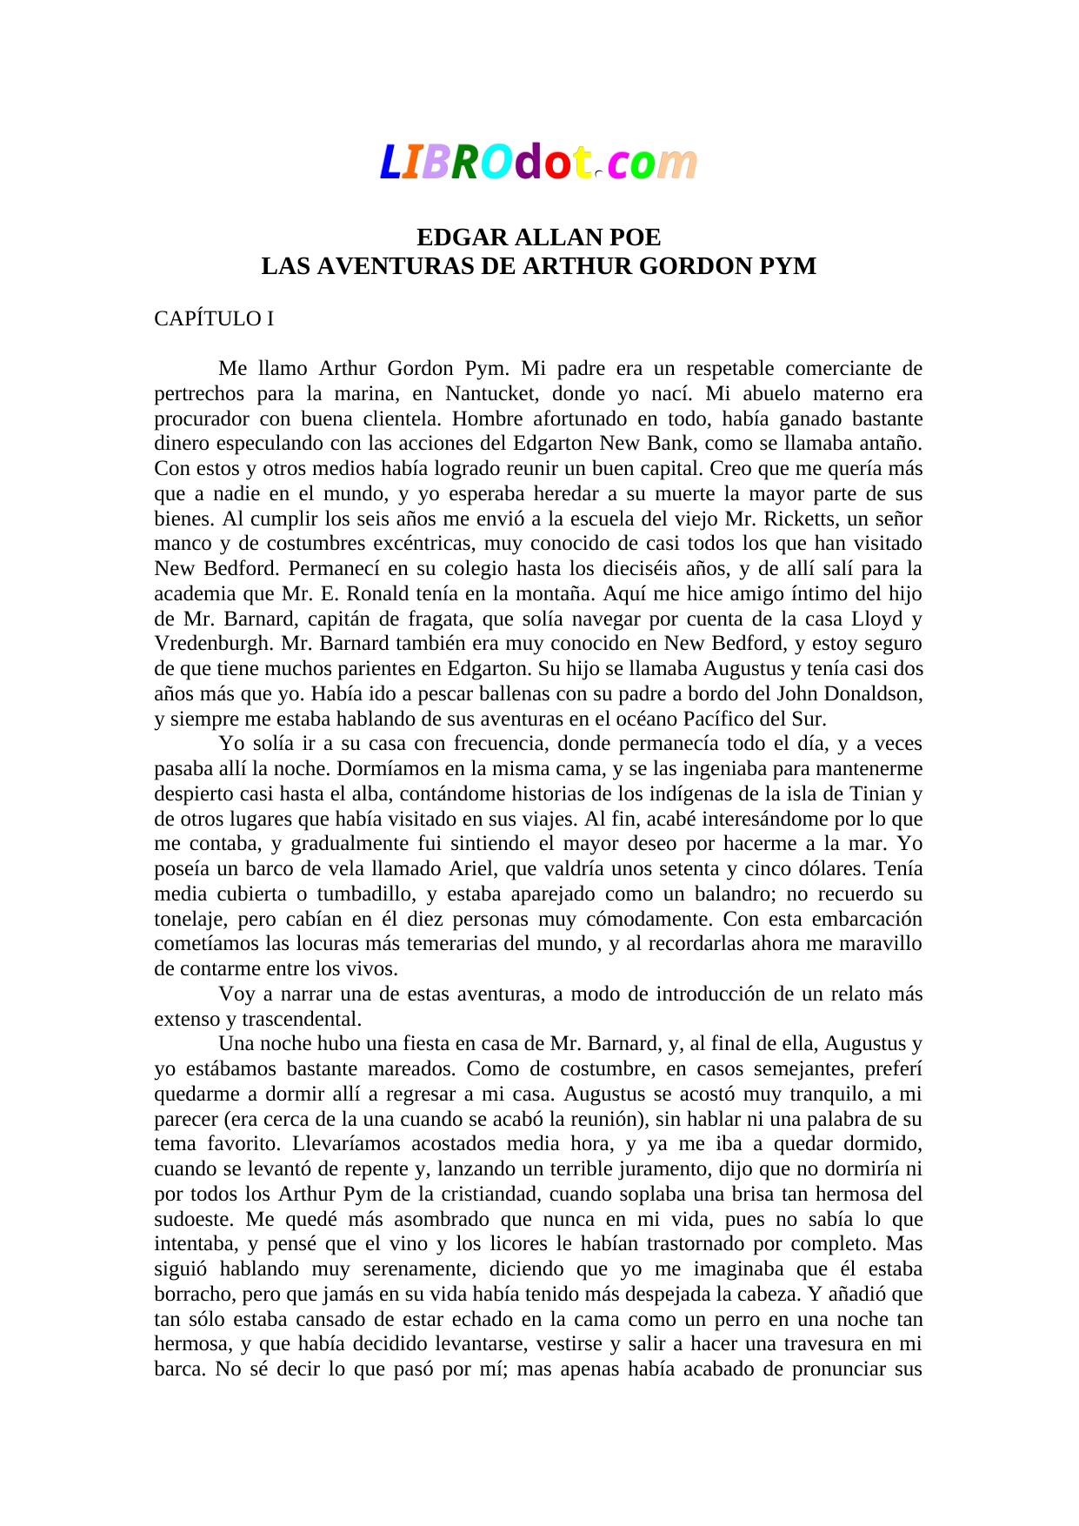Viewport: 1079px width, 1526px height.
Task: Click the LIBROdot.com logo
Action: [x=538, y=163]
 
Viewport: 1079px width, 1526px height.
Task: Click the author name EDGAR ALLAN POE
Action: [x=538, y=238]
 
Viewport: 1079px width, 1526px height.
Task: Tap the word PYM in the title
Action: [x=788, y=266]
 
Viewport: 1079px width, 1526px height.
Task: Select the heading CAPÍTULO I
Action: [x=214, y=318]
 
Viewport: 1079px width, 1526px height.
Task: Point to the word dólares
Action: [x=837, y=869]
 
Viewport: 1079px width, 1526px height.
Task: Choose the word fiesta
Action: [x=395, y=1044]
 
